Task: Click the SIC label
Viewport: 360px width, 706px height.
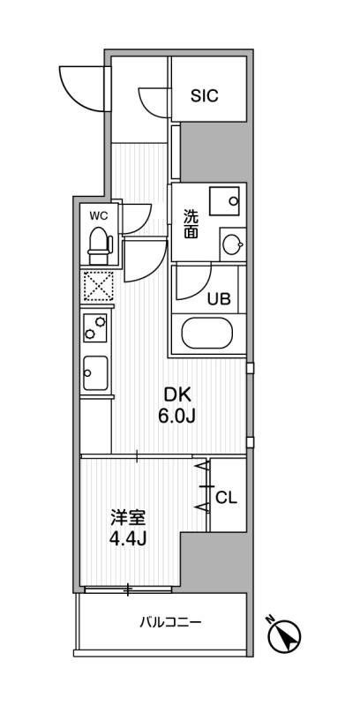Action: click(205, 95)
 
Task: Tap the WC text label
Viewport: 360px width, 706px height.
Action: click(98, 215)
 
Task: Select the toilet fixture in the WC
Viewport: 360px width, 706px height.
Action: click(99, 246)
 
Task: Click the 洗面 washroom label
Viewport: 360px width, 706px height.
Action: click(191, 224)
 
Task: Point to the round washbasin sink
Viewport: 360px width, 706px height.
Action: click(233, 244)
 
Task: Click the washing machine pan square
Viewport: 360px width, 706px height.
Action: click(224, 202)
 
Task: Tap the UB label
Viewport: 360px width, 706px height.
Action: click(219, 298)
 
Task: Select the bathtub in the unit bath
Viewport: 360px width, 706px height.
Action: click(207, 333)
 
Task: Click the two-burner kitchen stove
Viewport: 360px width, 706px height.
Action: click(95, 327)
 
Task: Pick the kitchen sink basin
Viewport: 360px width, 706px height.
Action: click(95, 372)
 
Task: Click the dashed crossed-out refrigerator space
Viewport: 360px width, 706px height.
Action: click(97, 285)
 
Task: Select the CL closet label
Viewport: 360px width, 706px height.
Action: click(227, 497)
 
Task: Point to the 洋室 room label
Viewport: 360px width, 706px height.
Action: click(128, 518)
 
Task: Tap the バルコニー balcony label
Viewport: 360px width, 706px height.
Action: click(170, 623)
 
